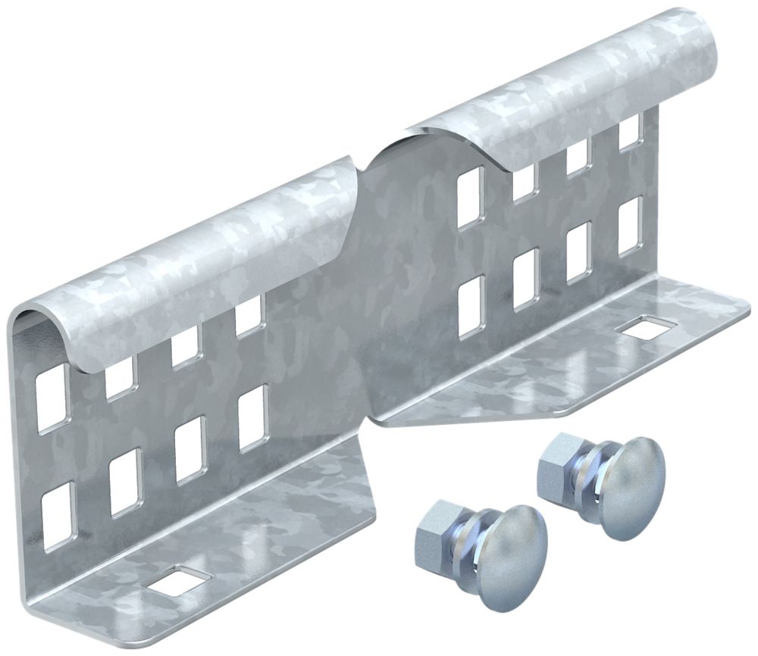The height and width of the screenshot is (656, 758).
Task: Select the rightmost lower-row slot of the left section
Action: tap(253, 416)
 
